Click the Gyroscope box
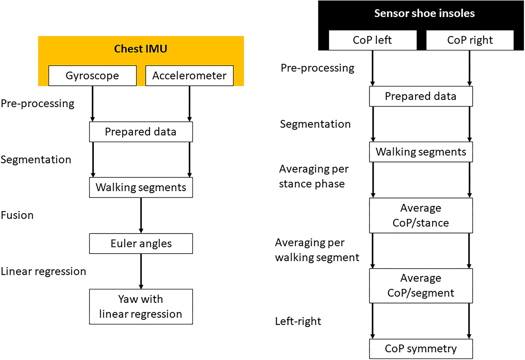92,76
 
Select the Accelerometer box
189,76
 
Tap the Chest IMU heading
141,49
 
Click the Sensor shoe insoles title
424,13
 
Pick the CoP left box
372,40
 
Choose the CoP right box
470,40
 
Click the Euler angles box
141,243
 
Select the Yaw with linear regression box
141,306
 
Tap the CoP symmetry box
421,349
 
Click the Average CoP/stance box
421,215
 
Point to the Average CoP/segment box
421,285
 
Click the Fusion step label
17,215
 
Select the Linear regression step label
43,271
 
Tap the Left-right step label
298,321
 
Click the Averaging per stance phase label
313,176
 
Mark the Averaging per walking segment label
317,250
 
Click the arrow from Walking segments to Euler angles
141,215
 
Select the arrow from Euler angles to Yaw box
141,271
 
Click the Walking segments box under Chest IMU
141,187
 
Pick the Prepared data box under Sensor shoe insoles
421,96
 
